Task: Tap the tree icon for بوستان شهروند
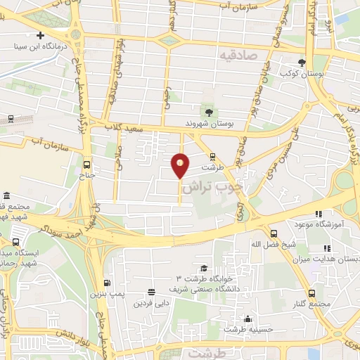click(208, 112)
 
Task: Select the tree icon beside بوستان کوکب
click(302, 62)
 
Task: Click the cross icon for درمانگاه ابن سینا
click(41, 36)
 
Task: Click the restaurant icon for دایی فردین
click(151, 292)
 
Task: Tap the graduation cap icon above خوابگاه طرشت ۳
click(204, 268)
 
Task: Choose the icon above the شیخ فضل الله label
click(274, 233)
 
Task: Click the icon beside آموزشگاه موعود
click(318, 214)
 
